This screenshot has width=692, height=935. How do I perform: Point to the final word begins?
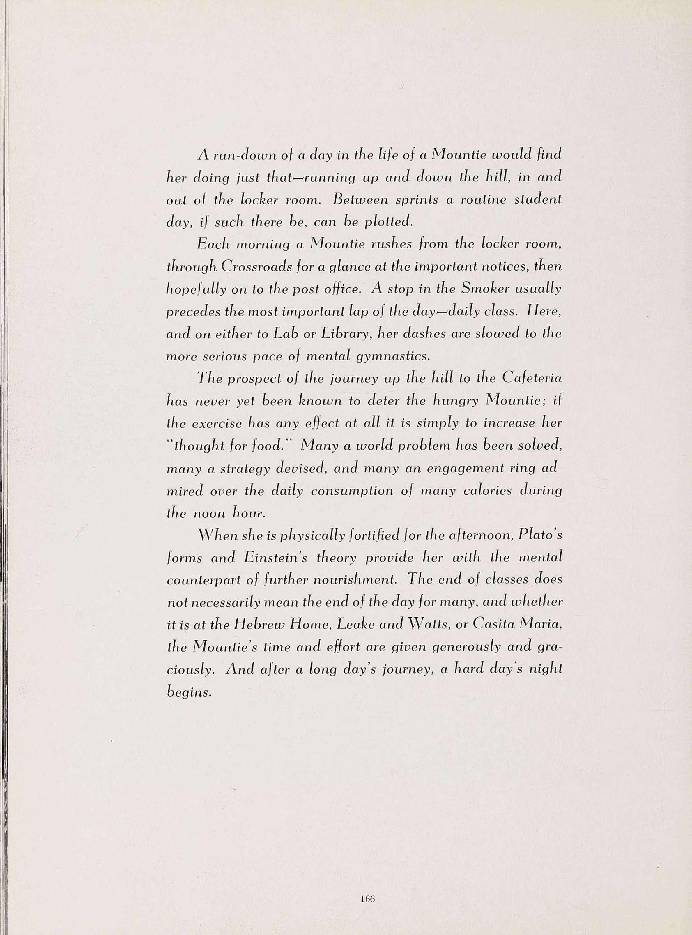tap(188, 692)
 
